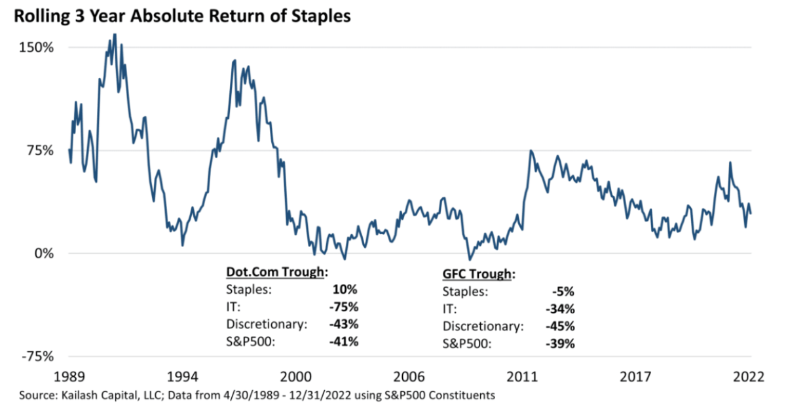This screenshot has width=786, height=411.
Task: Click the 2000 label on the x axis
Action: pyautogui.click(x=295, y=378)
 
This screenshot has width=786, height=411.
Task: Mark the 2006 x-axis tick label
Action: pyautogui.click(x=409, y=378)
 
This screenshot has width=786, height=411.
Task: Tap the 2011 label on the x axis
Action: pyautogui.click(x=522, y=378)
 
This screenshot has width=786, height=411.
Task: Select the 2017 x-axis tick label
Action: pyautogui.click(x=636, y=378)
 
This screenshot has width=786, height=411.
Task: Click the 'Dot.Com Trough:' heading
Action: pyautogui.click(x=276, y=272)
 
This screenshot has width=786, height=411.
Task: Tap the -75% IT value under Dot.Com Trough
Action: pyautogui.click(x=346, y=306)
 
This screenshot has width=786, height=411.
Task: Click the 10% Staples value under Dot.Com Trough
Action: pyautogui.click(x=348, y=289)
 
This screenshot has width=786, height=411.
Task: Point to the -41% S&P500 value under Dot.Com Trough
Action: pyautogui.click(x=346, y=341)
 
